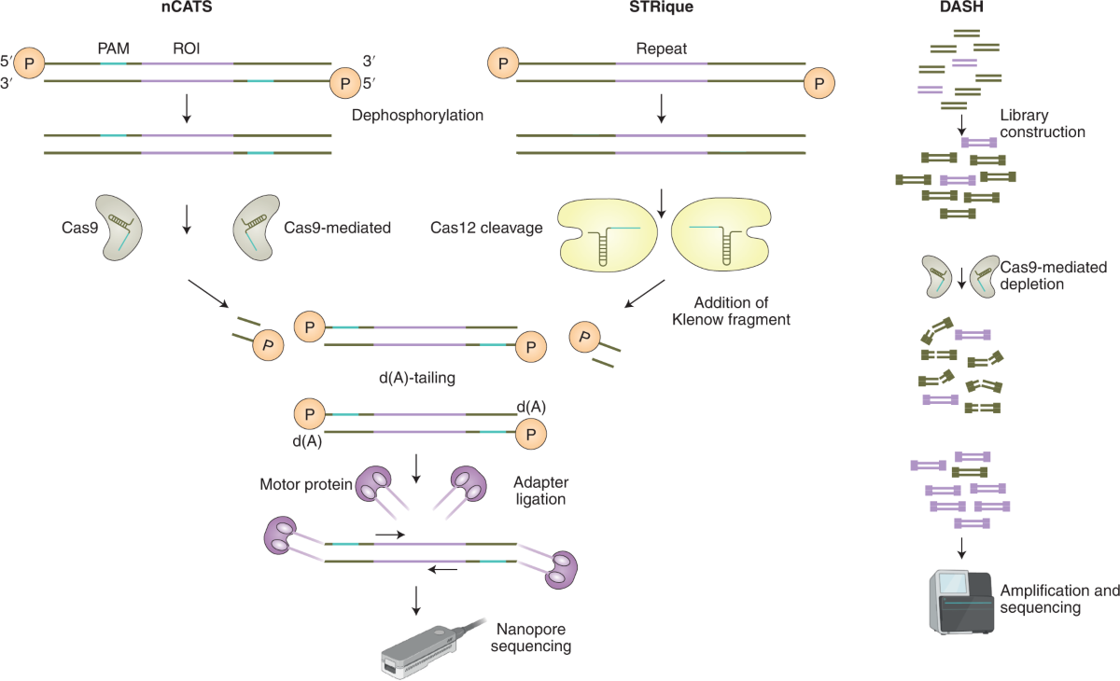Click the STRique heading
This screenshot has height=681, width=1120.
pos(661,11)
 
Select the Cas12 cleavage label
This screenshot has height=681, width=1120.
pos(486,228)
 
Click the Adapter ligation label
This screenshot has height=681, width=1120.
pos(540,492)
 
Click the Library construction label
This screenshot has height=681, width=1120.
pos(1042,123)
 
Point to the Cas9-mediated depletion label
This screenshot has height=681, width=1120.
pos(1042,276)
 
